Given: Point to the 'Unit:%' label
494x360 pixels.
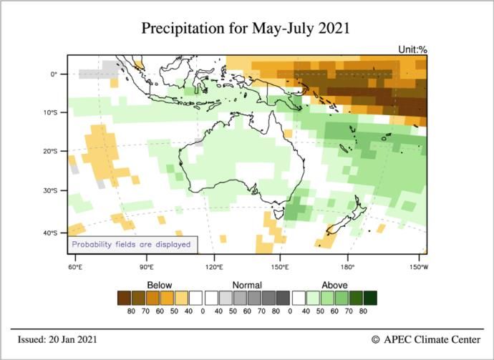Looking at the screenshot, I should point(412,50).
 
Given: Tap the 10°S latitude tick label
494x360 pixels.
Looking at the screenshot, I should point(50,112).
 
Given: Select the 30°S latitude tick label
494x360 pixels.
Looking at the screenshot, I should point(50,190).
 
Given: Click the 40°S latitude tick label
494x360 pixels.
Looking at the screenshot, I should point(50,233).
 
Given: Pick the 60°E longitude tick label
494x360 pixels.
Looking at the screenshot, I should point(75,267).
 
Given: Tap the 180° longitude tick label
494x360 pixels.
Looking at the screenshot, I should point(349,267).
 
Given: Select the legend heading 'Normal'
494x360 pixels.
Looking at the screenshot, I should point(246,284).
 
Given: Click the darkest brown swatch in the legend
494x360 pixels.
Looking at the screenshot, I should point(125,297).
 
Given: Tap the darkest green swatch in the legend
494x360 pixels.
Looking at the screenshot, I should point(369,297).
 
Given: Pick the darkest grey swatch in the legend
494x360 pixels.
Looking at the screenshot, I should point(283,297).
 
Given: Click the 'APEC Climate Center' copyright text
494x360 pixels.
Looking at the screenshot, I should point(427,339).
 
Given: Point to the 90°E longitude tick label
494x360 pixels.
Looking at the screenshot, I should point(147,267).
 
